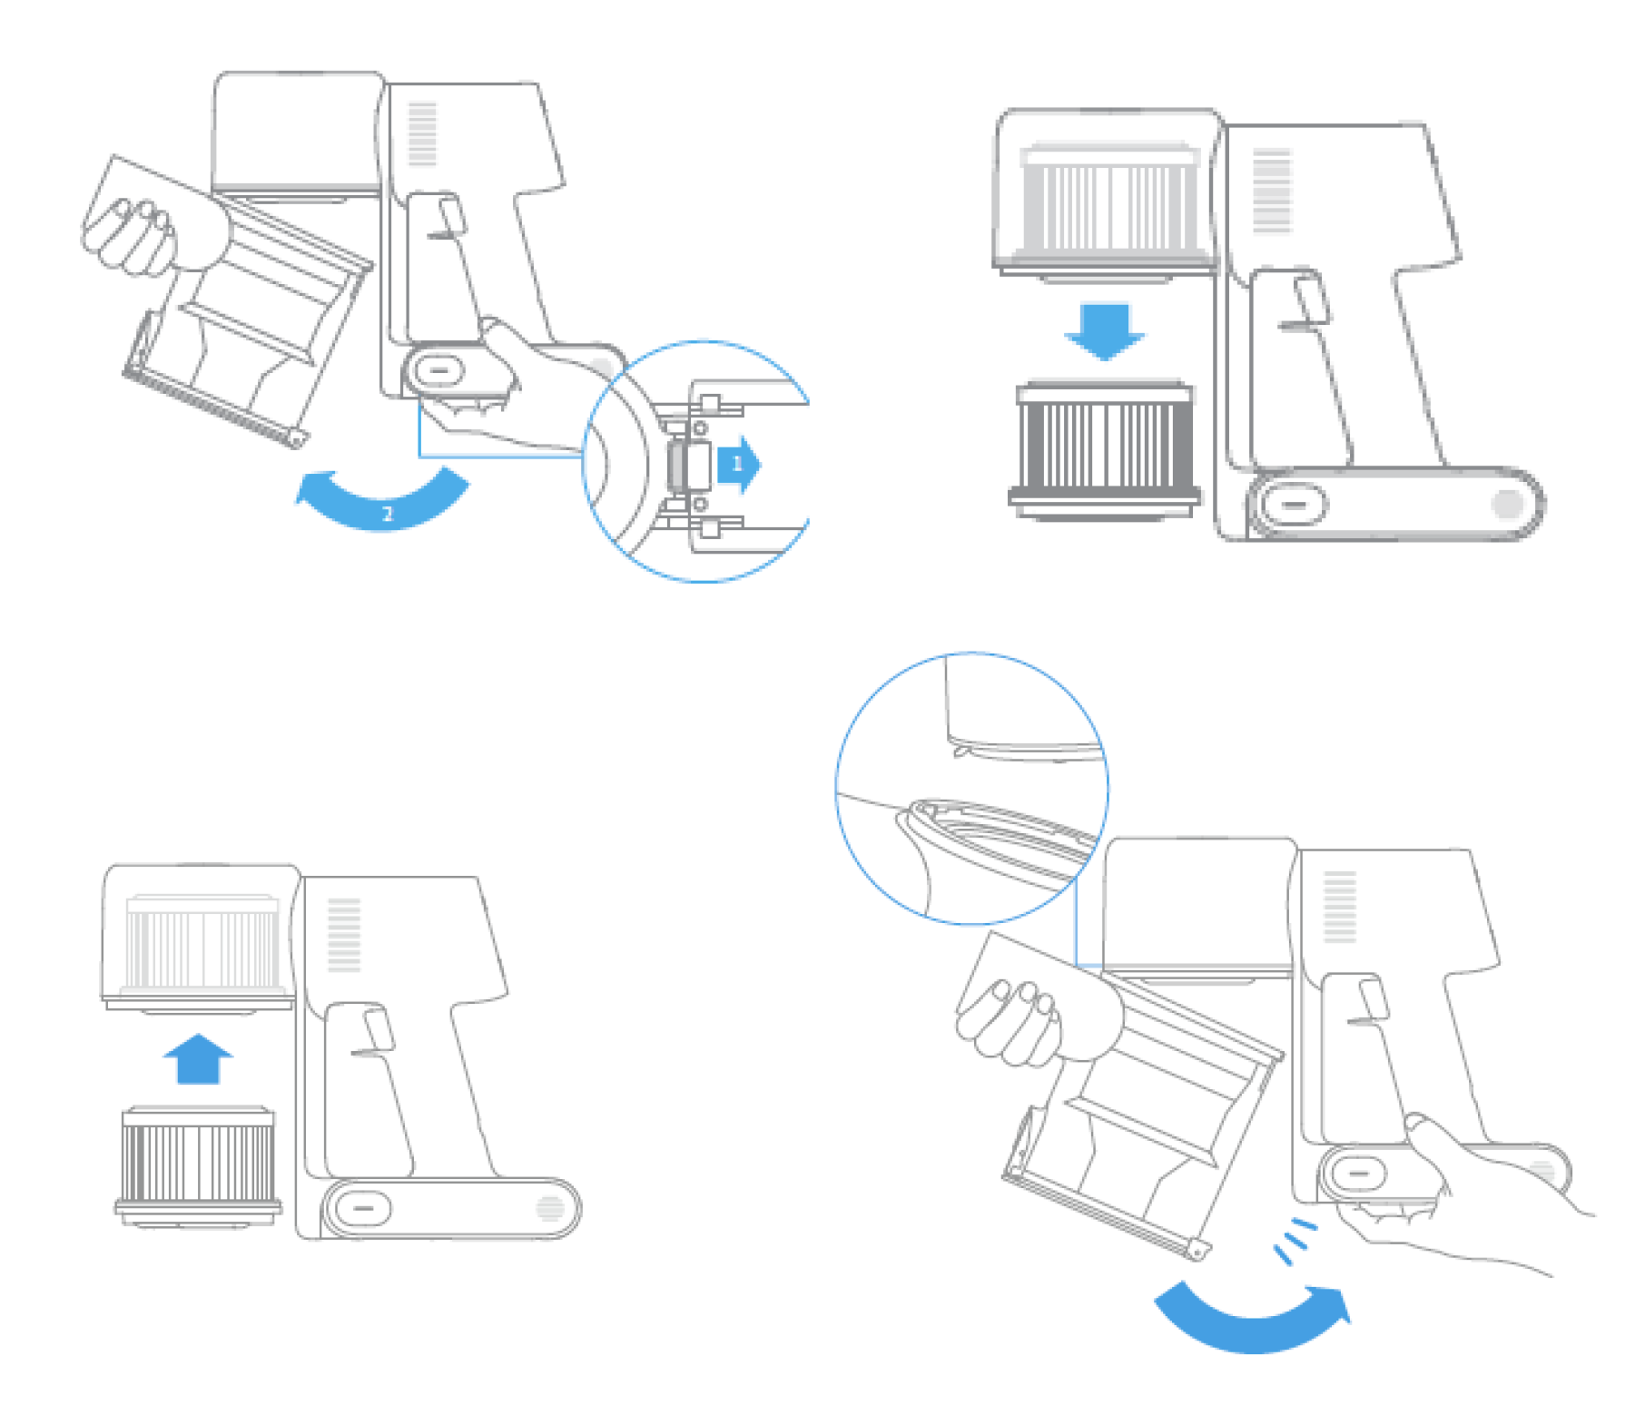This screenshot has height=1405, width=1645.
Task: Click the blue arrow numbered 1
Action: [739, 465]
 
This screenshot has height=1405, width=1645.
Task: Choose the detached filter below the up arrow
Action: [198, 1166]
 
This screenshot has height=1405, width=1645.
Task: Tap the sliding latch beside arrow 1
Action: [688, 466]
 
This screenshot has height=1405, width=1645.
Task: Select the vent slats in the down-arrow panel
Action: [1271, 190]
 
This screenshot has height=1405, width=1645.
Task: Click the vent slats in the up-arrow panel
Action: [344, 934]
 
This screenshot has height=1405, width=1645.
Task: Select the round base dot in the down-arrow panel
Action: [1507, 504]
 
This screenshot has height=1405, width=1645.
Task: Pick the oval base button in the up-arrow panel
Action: [363, 1208]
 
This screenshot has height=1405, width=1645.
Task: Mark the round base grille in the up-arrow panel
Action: [550, 1208]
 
